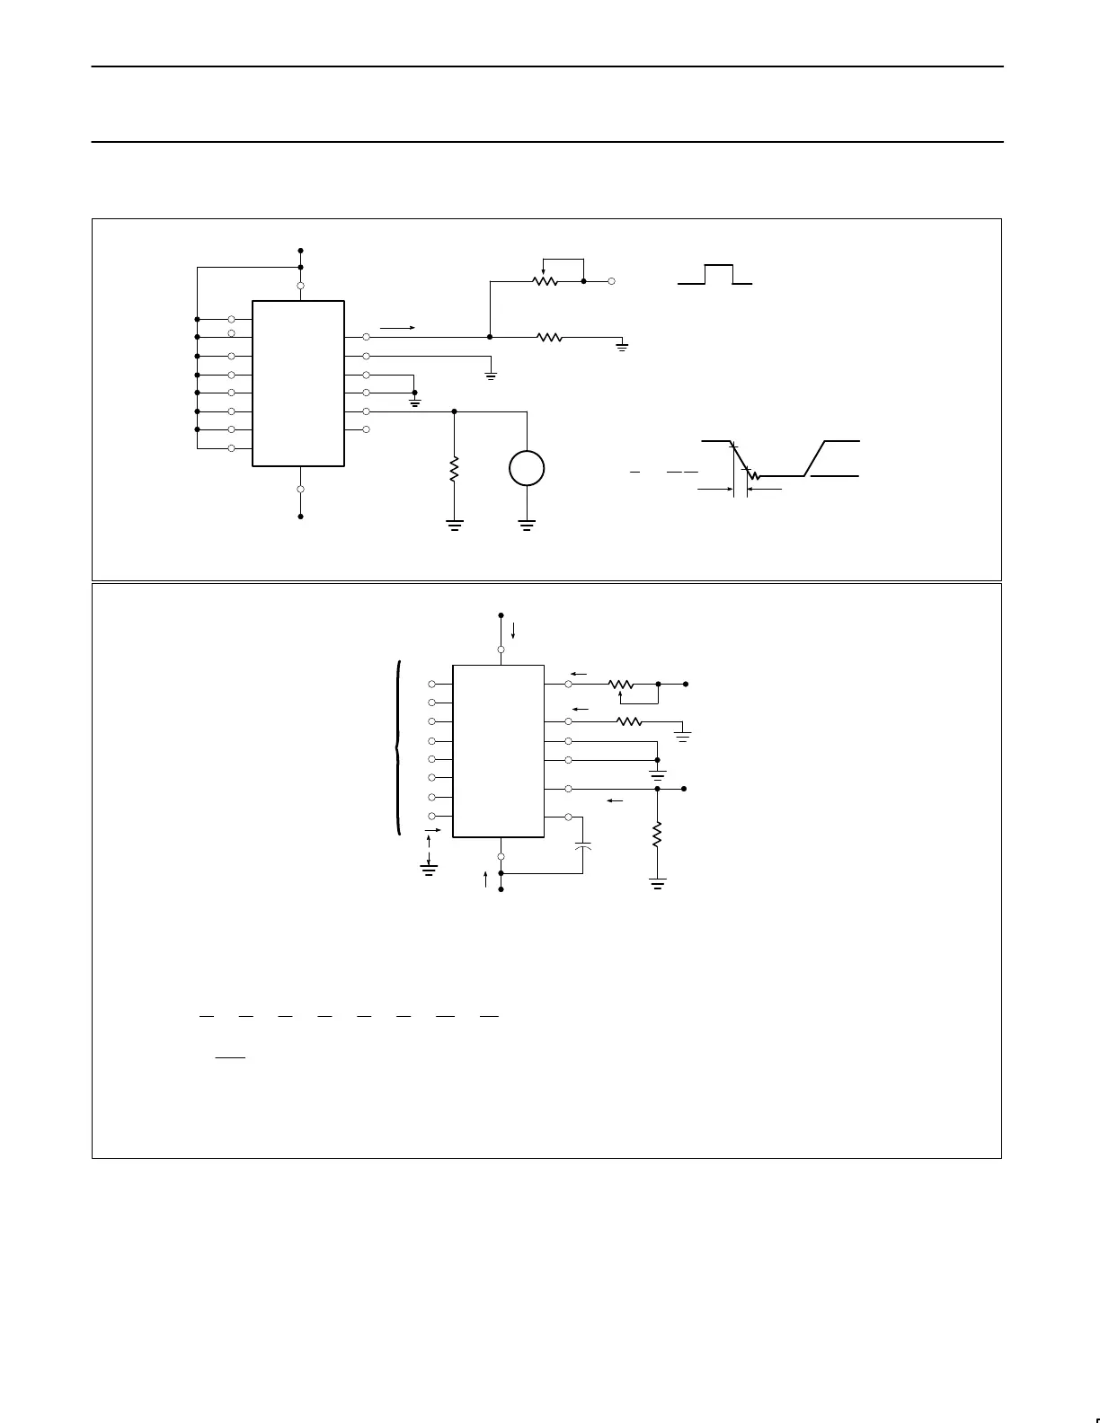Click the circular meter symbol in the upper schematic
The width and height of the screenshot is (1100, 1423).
pyautogui.click(x=527, y=468)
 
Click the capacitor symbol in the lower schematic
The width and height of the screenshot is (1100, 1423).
pyautogui.click(x=583, y=846)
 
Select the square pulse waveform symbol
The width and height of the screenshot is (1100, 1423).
pyautogui.click(x=716, y=275)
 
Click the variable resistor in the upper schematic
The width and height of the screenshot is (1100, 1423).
pyautogui.click(x=546, y=280)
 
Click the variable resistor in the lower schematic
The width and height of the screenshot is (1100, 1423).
pyautogui.click(x=621, y=685)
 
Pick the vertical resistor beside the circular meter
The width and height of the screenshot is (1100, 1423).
pyautogui.click(x=454, y=468)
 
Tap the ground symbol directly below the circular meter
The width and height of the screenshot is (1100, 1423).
pyautogui.click(x=527, y=525)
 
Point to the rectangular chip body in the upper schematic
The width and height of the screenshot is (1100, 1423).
pyautogui.click(x=298, y=384)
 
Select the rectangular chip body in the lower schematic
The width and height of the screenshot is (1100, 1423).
pyautogui.click(x=498, y=751)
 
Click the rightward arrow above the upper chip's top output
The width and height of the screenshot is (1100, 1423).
pyautogui.click(x=397, y=328)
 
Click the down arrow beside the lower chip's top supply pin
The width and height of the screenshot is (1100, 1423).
pyautogui.click(x=513, y=627)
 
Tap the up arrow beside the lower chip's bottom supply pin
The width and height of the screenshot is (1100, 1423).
pyautogui.click(x=485, y=879)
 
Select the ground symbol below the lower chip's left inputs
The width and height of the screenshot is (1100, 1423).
pyautogui.click(x=429, y=868)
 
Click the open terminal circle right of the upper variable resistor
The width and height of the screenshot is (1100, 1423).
pyautogui.click(x=612, y=281)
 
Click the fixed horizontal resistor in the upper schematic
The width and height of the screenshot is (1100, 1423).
pyautogui.click(x=549, y=337)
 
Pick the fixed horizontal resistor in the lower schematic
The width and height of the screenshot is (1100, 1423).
pyautogui.click(x=629, y=721)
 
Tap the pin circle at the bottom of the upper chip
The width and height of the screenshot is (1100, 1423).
pyautogui.click(x=300, y=490)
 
